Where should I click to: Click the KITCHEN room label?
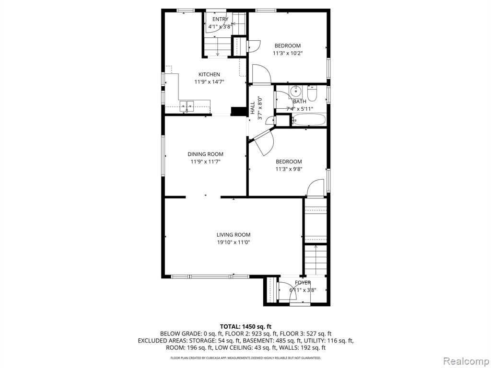coord(209,74)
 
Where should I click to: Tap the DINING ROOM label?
coord(205,154)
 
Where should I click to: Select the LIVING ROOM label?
coord(234,235)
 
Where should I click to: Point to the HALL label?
coord(252,108)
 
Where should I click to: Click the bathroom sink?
coord(295,92)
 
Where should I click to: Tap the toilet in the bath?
coord(312,93)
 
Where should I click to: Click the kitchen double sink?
coord(187,106)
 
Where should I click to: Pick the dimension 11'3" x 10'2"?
coord(288,53)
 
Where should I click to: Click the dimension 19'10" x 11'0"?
coord(234,242)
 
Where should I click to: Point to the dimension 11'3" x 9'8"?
coord(289,169)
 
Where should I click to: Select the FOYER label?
coord(303,283)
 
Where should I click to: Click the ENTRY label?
coord(221,19)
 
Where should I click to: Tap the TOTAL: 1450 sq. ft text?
coord(245,327)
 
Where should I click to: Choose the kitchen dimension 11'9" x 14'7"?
coord(209,82)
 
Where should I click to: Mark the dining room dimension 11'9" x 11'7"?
coord(205,162)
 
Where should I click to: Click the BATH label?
coord(300,102)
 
